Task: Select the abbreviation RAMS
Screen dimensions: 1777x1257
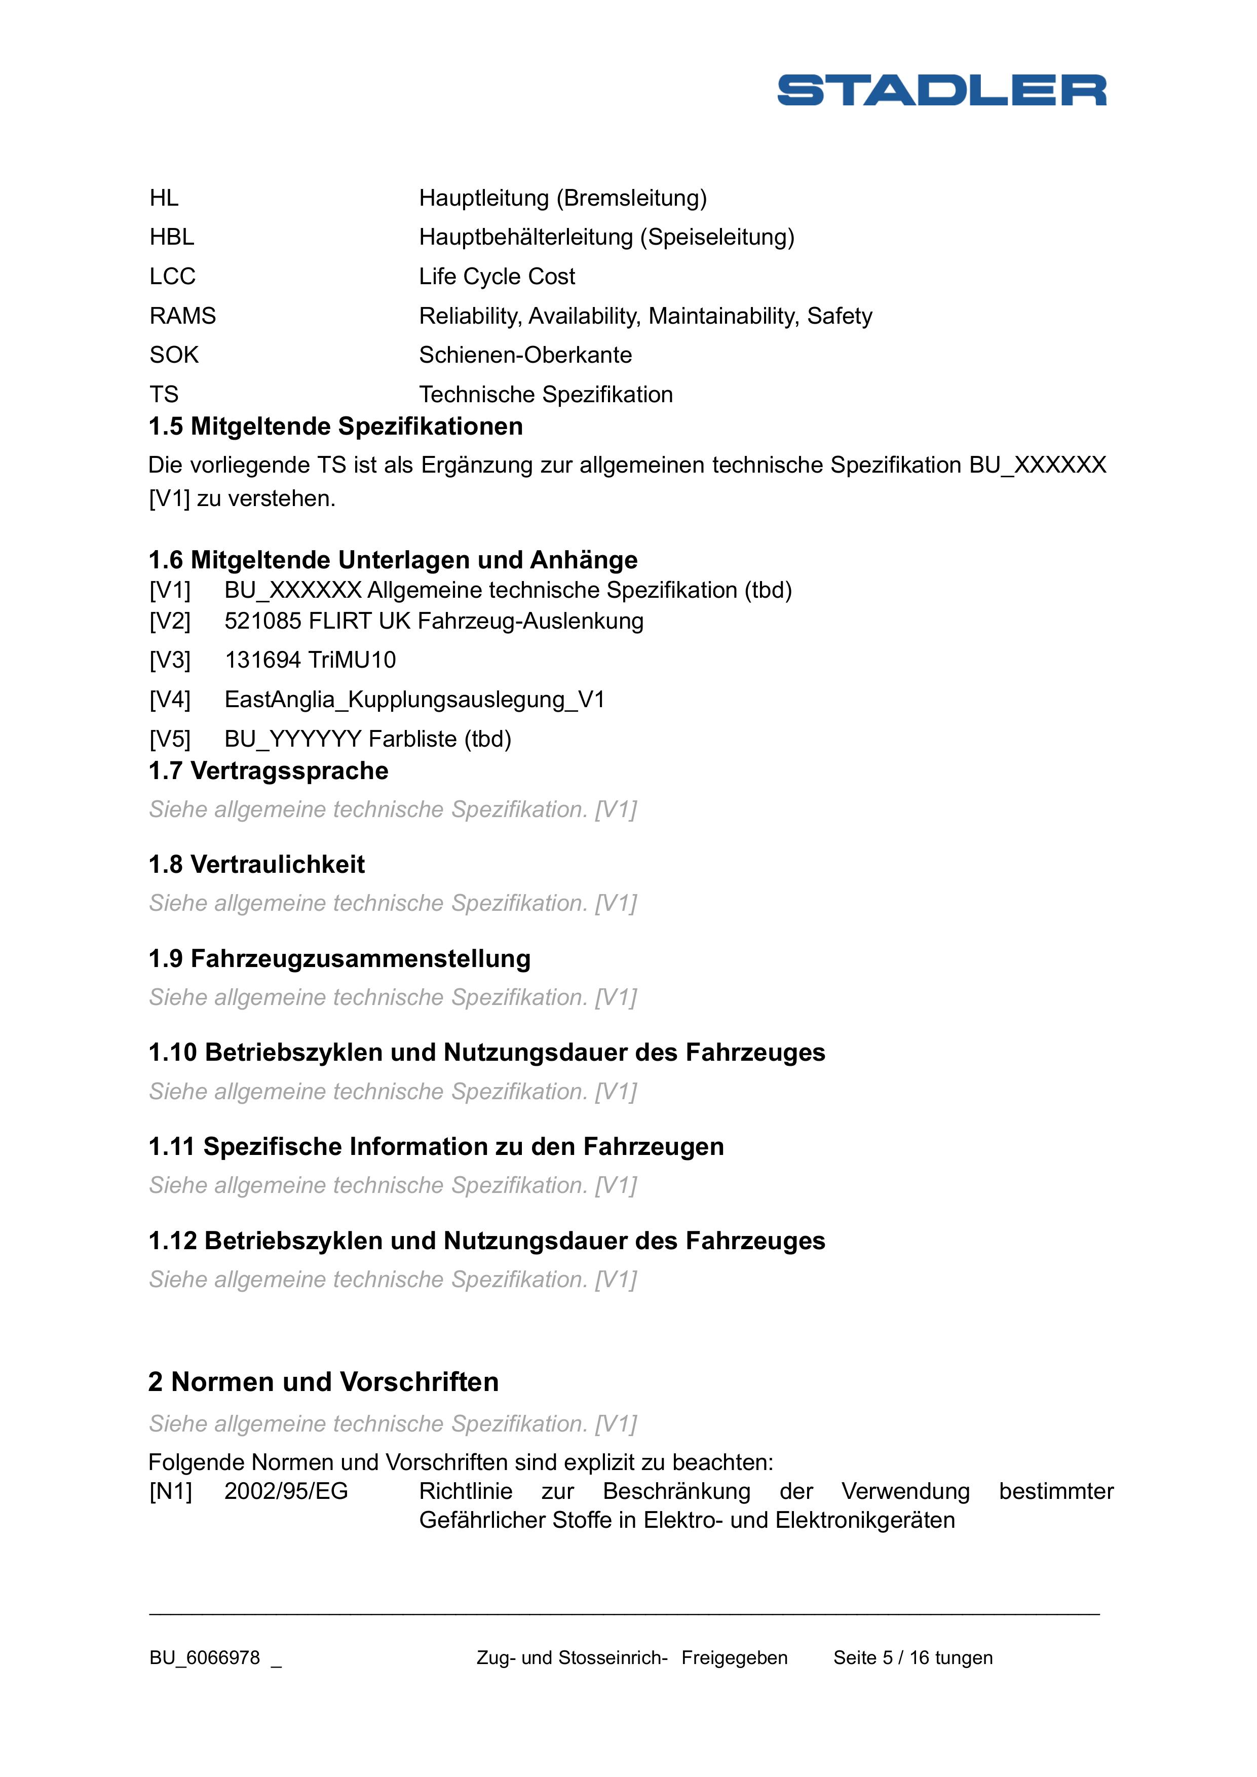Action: click(x=183, y=316)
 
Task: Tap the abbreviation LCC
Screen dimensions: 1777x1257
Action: click(x=173, y=276)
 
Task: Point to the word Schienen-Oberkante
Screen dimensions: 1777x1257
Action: click(x=525, y=355)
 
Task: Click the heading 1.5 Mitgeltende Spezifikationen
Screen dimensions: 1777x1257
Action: click(x=335, y=427)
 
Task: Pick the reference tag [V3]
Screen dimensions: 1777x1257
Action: click(x=170, y=660)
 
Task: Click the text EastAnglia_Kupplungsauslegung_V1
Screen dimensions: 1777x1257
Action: click(x=414, y=700)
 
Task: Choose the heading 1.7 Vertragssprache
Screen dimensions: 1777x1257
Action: click(x=268, y=771)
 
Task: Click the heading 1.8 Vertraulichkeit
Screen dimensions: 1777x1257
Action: click(x=256, y=865)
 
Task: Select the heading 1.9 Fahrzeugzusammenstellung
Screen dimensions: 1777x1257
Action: click(x=339, y=959)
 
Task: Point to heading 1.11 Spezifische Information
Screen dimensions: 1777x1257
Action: click(x=436, y=1146)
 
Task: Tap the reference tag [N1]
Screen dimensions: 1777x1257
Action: click(x=170, y=1491)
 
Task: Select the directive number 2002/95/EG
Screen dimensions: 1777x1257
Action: click(x=286, y=1491)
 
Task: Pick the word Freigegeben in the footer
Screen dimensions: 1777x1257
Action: click(x=735, y=1658)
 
